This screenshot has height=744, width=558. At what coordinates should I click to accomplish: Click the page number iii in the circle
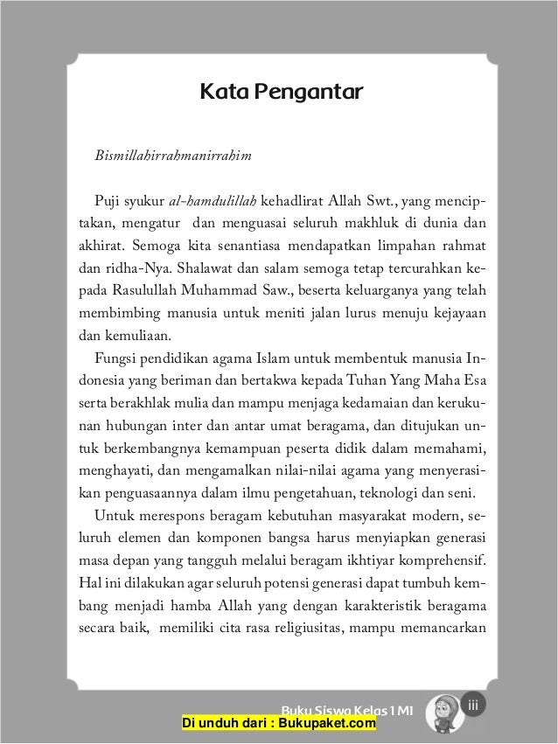pyautogui.click(x=473, y=706)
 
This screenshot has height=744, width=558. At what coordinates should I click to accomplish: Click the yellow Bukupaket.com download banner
pyautogui.click(x=278, y=723)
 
